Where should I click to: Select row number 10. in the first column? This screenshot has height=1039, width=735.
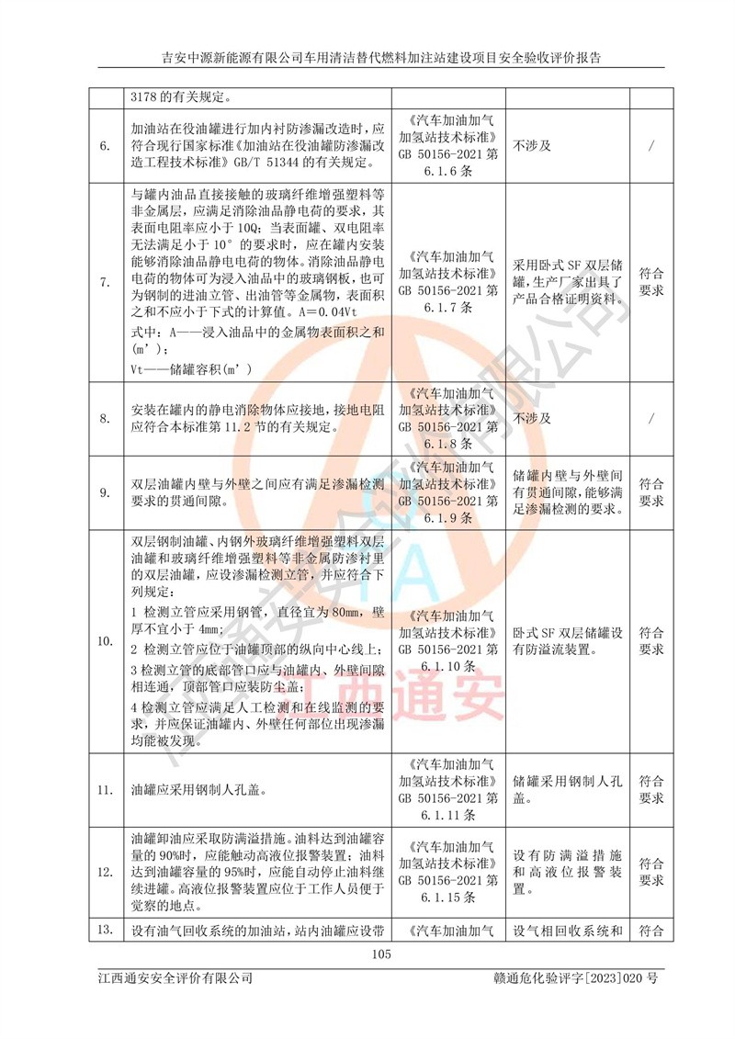[x=105, y=640]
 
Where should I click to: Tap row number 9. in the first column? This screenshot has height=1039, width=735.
[x=104, y=492]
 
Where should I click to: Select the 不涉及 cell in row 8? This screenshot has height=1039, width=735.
[x=532, y=418]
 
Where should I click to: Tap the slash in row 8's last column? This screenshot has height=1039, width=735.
[x=650, y=418]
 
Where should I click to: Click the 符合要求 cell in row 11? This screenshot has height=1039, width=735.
[x=650, y=789]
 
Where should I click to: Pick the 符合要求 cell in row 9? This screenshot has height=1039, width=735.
[x=650, y=492]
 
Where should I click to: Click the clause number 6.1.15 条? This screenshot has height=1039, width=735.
[x=449, y=896]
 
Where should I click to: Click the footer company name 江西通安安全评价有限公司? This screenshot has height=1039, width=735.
[x=175, y=978]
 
